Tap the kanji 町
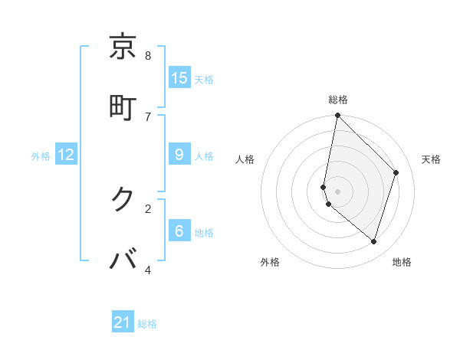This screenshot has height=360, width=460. coord(123,106)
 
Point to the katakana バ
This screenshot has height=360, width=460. coord(123,260)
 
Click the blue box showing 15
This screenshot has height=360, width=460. coord(179,77)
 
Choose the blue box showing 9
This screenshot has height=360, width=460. coord(179,155)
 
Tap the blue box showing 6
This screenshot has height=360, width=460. coord(179,231)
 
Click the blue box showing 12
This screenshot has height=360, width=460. coord(66,155)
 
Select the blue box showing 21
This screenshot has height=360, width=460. coord(123,322)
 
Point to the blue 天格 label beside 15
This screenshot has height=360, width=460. coord(204,80)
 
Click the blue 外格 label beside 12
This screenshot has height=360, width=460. coord(41,156)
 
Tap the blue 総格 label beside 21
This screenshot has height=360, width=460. coord(147,324)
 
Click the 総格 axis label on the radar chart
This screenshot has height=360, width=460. coord(338,100)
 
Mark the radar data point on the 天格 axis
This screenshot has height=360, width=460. coord(396,172)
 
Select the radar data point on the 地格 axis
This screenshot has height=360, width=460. coord(373,241)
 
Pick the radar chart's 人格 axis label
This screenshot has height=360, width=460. coord(245,159)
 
